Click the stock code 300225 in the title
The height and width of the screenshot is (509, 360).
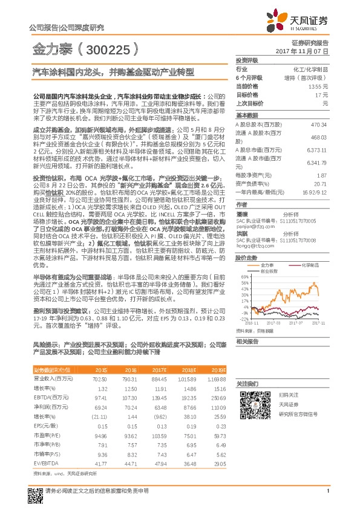click(111, 47)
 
